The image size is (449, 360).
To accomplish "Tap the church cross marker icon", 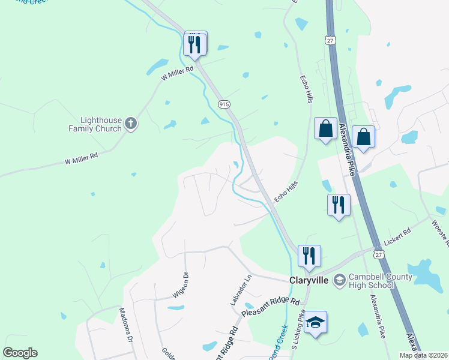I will pos(131,125).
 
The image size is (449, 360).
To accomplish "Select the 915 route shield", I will pos(224,104).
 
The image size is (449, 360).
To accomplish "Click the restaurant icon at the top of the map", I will pos(195,44).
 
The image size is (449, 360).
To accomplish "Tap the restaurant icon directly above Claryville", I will pos(309,256).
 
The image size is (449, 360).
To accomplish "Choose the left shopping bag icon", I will pos(325,129).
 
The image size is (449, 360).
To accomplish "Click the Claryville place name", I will pos(308,280).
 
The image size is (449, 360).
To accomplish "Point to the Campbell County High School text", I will pos(373,281).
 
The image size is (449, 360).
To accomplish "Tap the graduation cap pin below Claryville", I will pos(315,323).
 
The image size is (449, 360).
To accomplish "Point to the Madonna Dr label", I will pos(125,324).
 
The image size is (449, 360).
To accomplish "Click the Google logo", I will pos(20,353).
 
